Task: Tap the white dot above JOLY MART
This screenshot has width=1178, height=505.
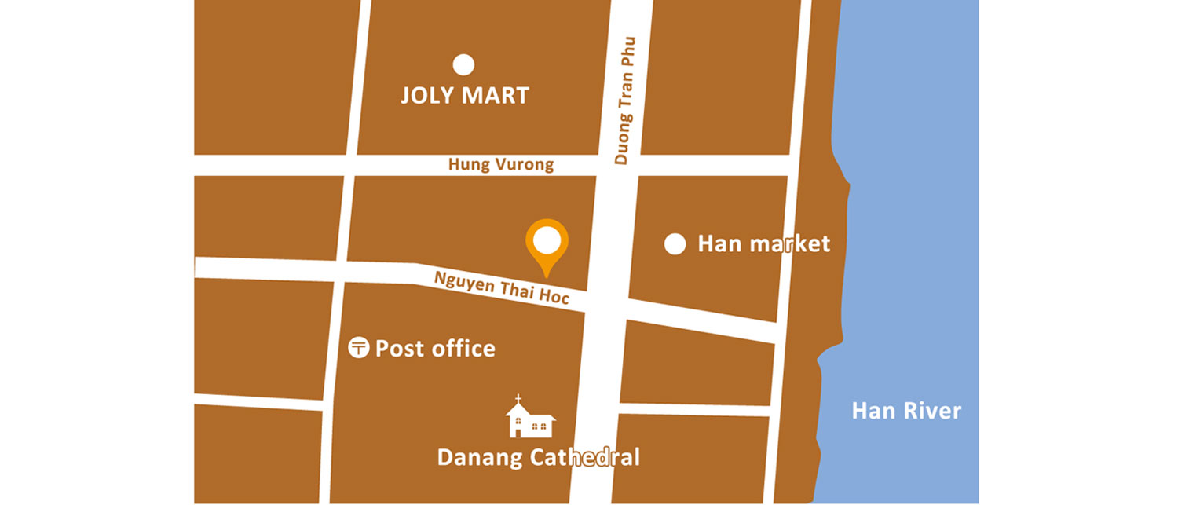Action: coord(464,64)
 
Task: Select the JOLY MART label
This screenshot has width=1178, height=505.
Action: coord(464,96)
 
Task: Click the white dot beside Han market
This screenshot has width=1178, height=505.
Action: coord(675,244)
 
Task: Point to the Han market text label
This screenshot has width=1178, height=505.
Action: coord(763,244)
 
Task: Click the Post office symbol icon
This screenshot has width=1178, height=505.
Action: coord(359,347)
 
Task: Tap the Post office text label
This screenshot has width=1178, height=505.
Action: coord(435,348)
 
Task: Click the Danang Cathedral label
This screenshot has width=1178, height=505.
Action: coord(538,457)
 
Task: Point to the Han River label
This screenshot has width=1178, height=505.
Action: coord(906,411)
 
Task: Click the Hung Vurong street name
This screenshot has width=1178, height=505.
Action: coord(501,165)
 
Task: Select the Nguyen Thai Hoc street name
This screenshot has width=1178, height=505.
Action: coord(501,288)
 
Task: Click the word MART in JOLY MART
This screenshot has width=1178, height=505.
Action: coord(495,96)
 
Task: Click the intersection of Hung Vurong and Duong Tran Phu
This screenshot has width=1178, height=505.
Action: coord(619,165)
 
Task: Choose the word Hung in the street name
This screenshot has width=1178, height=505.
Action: coord(465,165)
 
